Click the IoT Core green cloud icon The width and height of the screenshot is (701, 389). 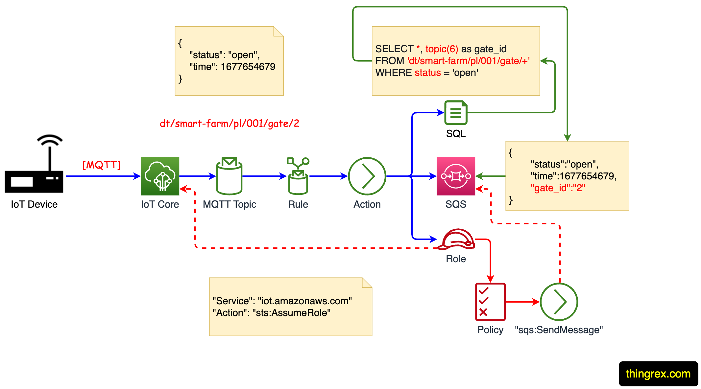pyautogui.click(x=160, y=176)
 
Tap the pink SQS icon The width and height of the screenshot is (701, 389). pyautogui.click(x=456, y=176)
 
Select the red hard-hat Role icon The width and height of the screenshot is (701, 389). pyautogui.click(x=456, y=240)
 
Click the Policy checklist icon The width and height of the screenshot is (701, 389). pyautogui.click(x=490, y=302)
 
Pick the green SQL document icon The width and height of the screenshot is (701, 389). pyautogui.click(x=456, y=113)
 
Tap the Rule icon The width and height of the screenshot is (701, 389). pyautogui.click(x=298, y=176)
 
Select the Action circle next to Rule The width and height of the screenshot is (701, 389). pyautogui.click(x=367, y=176)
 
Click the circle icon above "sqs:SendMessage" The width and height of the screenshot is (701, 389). pyautogui.click(x=559, y=302)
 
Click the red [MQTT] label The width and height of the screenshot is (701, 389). pyautogui.click(x=101, y=165)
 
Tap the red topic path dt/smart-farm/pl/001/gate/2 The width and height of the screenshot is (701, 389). pyautogui.click(x=229, y=124)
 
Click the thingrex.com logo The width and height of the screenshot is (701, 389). pyautogui.click(x=658, y=374)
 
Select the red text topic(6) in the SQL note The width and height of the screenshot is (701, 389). pyautogui.click(x=442, y=49)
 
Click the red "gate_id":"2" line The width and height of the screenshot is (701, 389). pyautogui.click(x=558, y=188)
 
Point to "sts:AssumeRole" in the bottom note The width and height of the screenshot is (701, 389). pyautogui.click(x=291, y=313)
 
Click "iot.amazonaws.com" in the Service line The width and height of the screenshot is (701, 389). pyautogui.click(x=305, y=301)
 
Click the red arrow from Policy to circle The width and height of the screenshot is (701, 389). pyautogui.click(x=522, y=302)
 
